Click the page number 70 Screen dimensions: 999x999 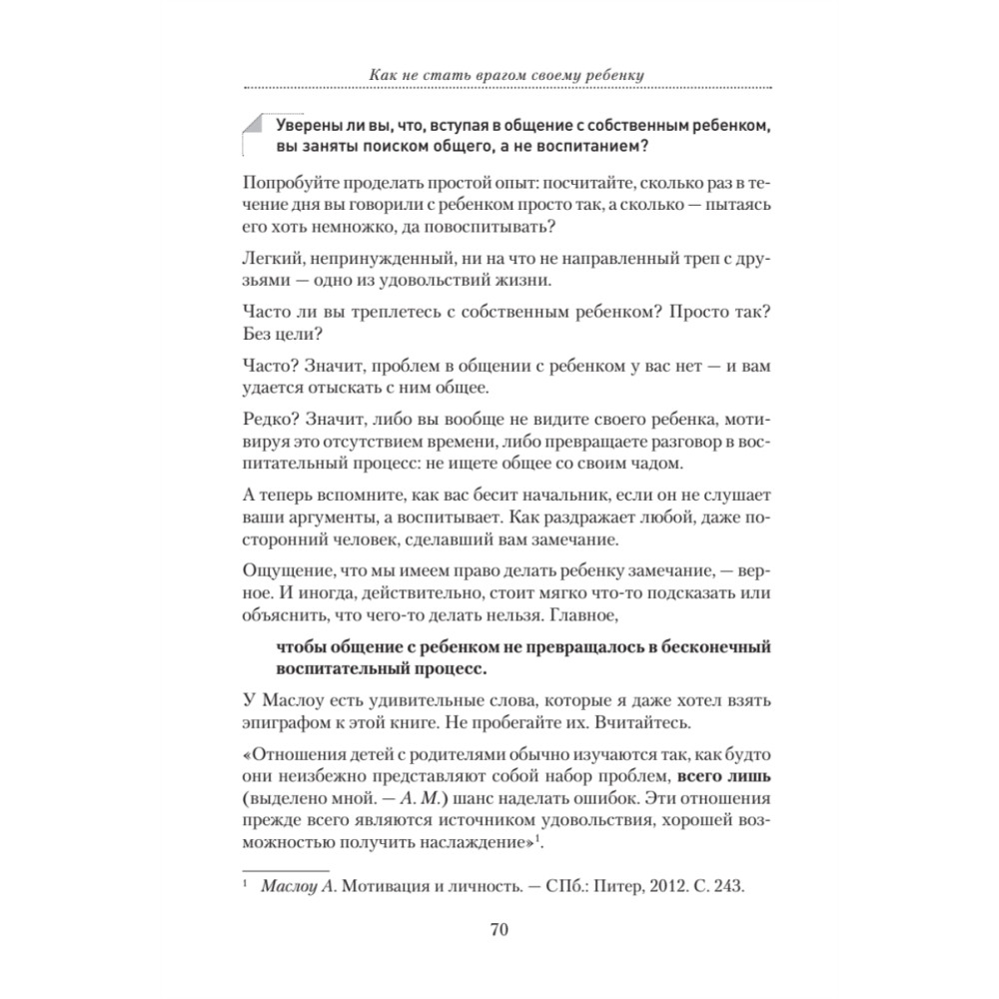pyautogui.click(x=499, y=931)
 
